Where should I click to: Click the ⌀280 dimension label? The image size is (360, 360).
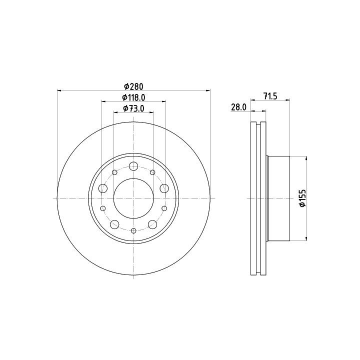pyautogui.click(x=133, y=86)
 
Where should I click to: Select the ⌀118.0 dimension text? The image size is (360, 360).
pyautogui.click(x=133, y=97)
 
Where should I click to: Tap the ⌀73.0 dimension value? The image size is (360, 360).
pyautogui.click(x=133, y=108)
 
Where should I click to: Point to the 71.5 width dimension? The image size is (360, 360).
pyautogui.click(x=270, y=96)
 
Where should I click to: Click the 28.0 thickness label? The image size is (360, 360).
pyautogui.click(x=239, y=107)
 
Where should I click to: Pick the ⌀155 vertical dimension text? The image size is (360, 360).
pyautogui.click(x=303, y=198)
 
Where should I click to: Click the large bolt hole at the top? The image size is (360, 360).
pyautogui.click(x=133, y=166)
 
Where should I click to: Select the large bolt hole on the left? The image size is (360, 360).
pyautogui.click(x=103, y=188)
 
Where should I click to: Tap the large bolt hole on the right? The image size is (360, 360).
pyautogui.click(x=164, y=188)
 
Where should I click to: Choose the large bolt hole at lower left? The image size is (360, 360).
pyautogui.click(x=114, y=224)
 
